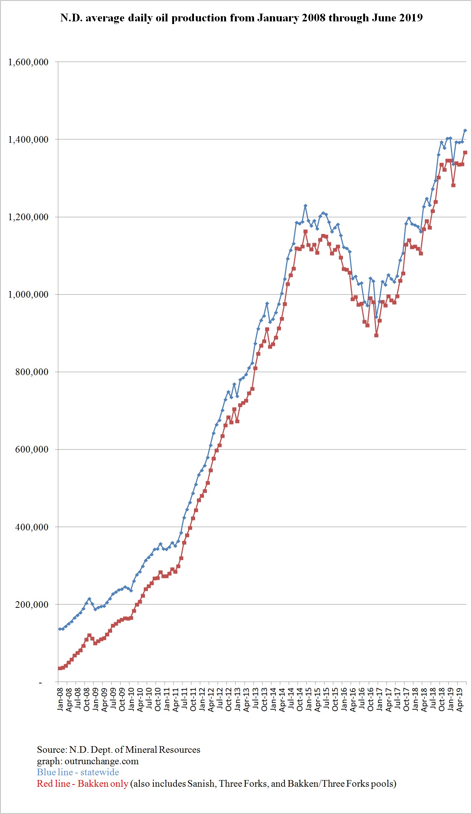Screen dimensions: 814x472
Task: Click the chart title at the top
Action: tap(241, 18)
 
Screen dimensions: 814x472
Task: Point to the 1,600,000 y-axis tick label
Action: tap(28, 62)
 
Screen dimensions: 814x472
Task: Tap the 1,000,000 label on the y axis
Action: tap(28, 294)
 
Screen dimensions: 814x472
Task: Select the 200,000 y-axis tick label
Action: tap(32, 605)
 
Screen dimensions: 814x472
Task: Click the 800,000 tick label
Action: tap(32, 372)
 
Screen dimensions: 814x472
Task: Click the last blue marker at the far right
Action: tap(465, 130)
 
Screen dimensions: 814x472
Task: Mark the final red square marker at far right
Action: tap(465, 152)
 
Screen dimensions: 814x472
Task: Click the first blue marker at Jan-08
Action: tap(60, 629)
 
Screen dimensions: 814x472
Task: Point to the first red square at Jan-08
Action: tap(60, 668)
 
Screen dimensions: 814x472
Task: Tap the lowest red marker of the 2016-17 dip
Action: tap(376, 335)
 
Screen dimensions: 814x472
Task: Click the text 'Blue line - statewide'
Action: tap(78, 772)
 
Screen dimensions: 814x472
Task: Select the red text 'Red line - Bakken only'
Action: tap(82, 783)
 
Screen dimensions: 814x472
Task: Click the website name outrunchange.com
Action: tap(101, 761)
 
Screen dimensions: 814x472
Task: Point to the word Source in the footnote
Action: tap(51, 749)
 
